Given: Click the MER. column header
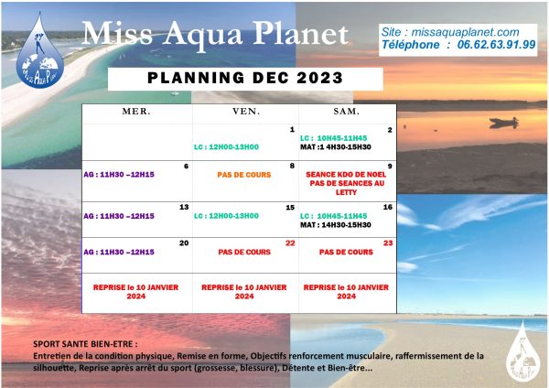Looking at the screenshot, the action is click(136, 112).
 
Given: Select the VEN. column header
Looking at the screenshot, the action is click(246, 112).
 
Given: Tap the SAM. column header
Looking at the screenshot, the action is click(346, 112).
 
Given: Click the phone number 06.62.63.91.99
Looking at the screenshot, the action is click(497, 45).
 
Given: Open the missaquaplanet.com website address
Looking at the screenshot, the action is click(465, 32).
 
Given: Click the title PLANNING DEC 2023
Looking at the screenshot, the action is click(245, 78).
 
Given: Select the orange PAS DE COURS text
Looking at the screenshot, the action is click(244, 175).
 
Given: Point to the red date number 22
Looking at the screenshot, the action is click(290, 243).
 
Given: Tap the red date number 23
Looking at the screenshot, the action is click(388, 243).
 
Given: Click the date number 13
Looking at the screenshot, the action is click(184, 208).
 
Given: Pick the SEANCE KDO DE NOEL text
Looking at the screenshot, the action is click(346, 175).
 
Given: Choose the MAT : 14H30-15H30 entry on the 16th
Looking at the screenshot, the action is click(336, 225).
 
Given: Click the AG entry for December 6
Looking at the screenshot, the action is click(119, 175).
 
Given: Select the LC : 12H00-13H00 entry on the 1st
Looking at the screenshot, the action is click(226, 147).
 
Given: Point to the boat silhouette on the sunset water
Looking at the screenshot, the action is click(504, 123).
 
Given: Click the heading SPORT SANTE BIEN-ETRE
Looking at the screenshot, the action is click(85, 344).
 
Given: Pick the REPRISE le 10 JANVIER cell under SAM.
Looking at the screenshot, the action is click(346, 292).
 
